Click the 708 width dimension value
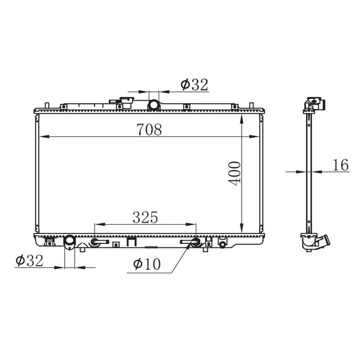point(149,129)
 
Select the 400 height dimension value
point(234,173)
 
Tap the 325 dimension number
point(145,217)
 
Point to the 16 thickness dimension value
point(341,165)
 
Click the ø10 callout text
point(147,264)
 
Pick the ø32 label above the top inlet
point(194,85)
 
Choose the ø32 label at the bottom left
point(29,261)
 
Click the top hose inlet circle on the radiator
point(153,105)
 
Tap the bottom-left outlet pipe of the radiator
point(70,243)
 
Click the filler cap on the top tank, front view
point(127,103)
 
